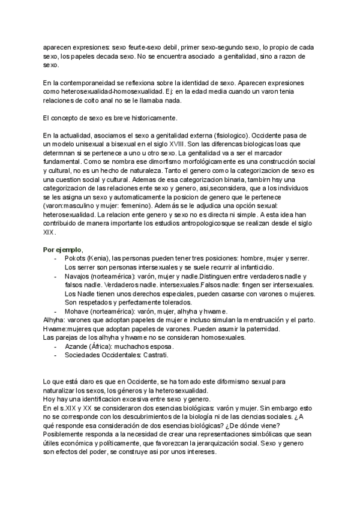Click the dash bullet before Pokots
pyautogui.click(x=56, y=258)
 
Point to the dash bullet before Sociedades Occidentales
pyautogui.click(x=56, y=355)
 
